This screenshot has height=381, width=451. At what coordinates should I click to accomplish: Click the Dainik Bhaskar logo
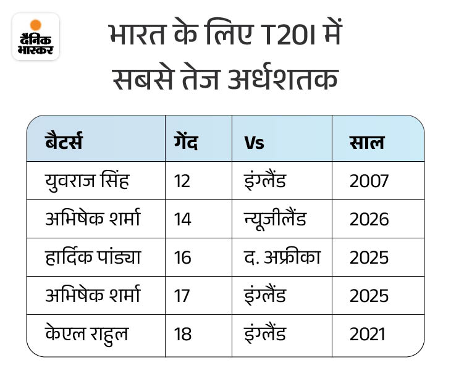pos(36,36)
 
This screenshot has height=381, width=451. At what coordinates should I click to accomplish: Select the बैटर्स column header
pos(64,142)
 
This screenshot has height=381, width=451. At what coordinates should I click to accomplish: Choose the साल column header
pos(366,142)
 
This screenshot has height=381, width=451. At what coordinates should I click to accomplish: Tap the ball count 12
pos(183,181)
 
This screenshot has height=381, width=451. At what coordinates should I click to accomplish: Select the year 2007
pos(369,181)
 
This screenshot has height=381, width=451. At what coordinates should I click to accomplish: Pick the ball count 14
pos(183,219)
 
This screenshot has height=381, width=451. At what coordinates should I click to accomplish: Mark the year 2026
pos(369,219)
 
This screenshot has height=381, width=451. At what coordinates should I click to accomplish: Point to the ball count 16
pos(183,257)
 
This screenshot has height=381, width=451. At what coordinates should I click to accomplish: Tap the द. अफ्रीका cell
pos(282,257)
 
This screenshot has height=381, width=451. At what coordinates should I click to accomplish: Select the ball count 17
pos(183,296)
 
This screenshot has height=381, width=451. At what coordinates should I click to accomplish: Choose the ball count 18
pos(183,334)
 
